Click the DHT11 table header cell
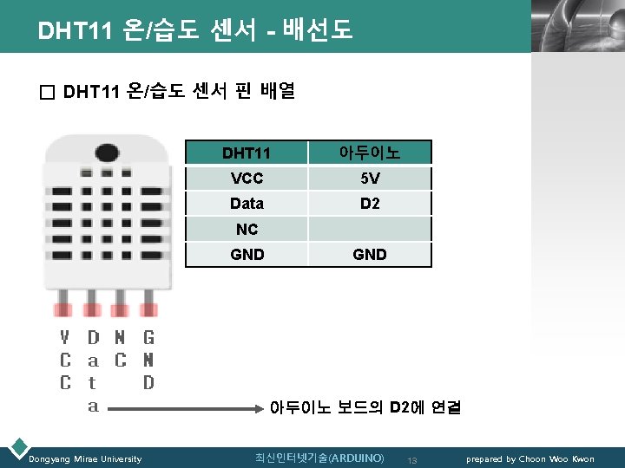click(x=247, y=153)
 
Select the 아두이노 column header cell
click(x=369, y=153)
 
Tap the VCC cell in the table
click(x=247, y=179)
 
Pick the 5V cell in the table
click(x=369, y=179)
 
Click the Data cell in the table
click(x=247, y=204)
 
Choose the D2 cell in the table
click(x=369, y=204)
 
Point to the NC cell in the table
click(x=247, y=229)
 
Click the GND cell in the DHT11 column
click(x=247, y=255)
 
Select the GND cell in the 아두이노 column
click(x=369, y=255)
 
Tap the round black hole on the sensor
click(x=107, y=153)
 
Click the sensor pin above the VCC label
click(x=64, y=309)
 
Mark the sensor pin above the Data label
click(x=92, y=309)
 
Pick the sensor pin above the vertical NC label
click(x=121, y=309)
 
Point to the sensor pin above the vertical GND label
click(x=149, y=309)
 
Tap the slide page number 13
click(x=412, y=459)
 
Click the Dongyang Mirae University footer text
click(x=85, y=458)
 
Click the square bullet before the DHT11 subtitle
click(x=47, y=91)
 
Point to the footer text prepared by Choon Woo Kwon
click(x=530, y=458)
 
